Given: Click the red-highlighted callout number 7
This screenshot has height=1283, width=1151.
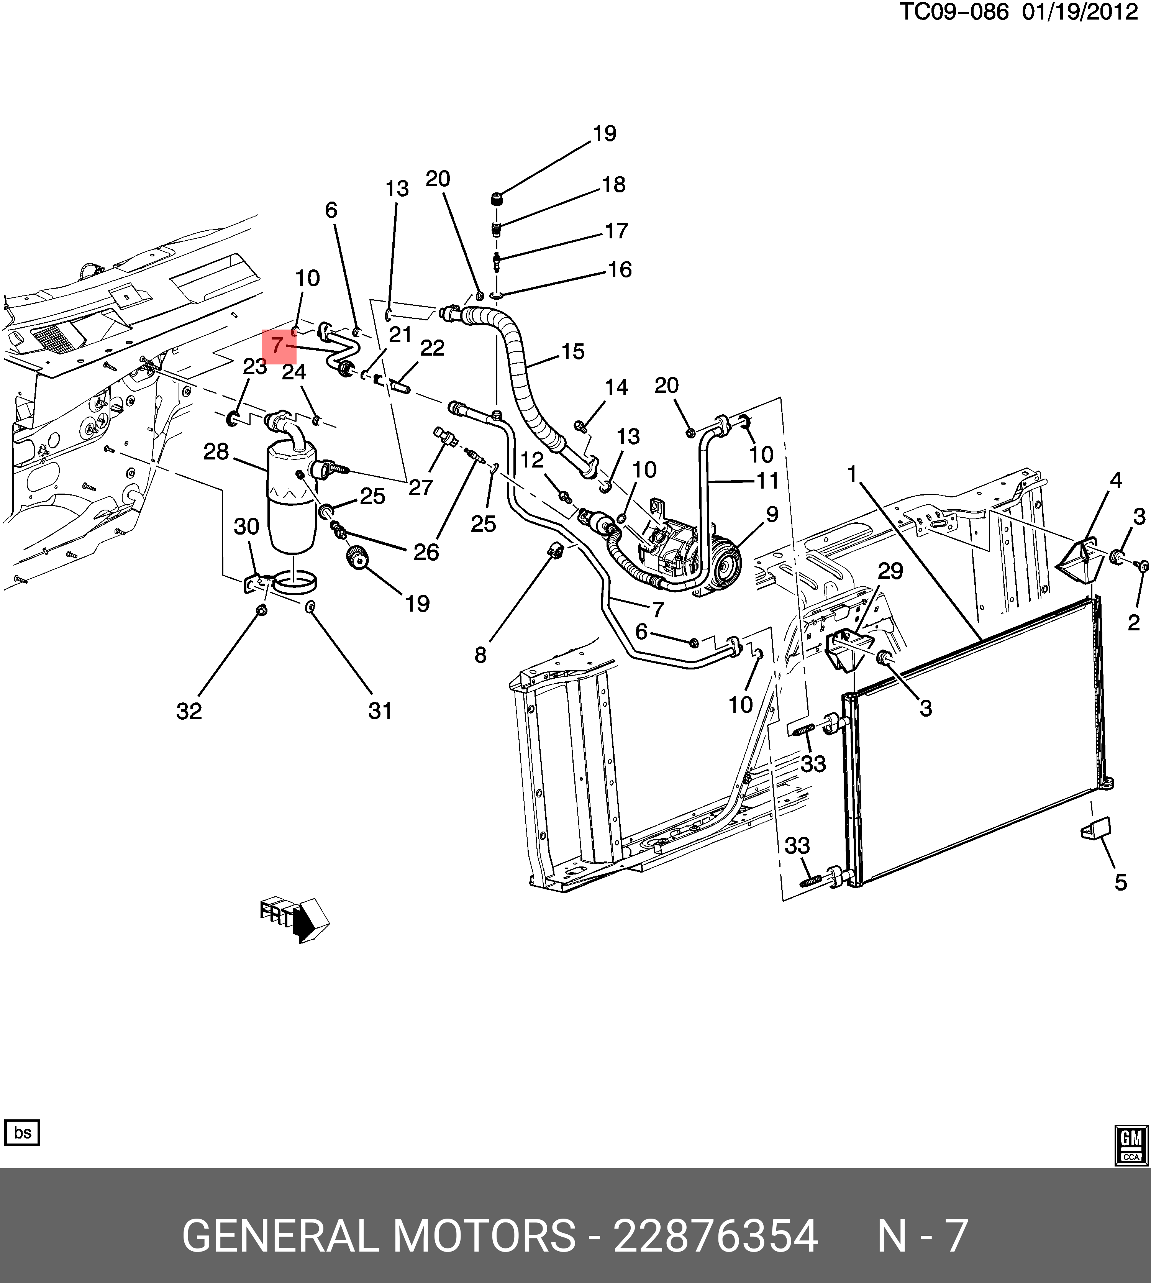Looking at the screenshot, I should (x=278, y=346).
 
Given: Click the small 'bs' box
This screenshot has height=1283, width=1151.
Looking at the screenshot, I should (x=22, y=1132).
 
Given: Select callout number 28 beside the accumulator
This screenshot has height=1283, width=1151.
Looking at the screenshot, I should (x=216, y=452).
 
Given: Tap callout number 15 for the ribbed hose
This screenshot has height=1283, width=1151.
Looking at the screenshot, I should (x=572, y=352).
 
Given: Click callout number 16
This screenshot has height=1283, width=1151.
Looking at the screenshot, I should (x=620, y=269).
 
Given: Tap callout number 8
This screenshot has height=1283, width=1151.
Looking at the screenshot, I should (x=480, y=655).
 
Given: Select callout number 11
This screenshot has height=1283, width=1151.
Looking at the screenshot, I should (x=768, y=481).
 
